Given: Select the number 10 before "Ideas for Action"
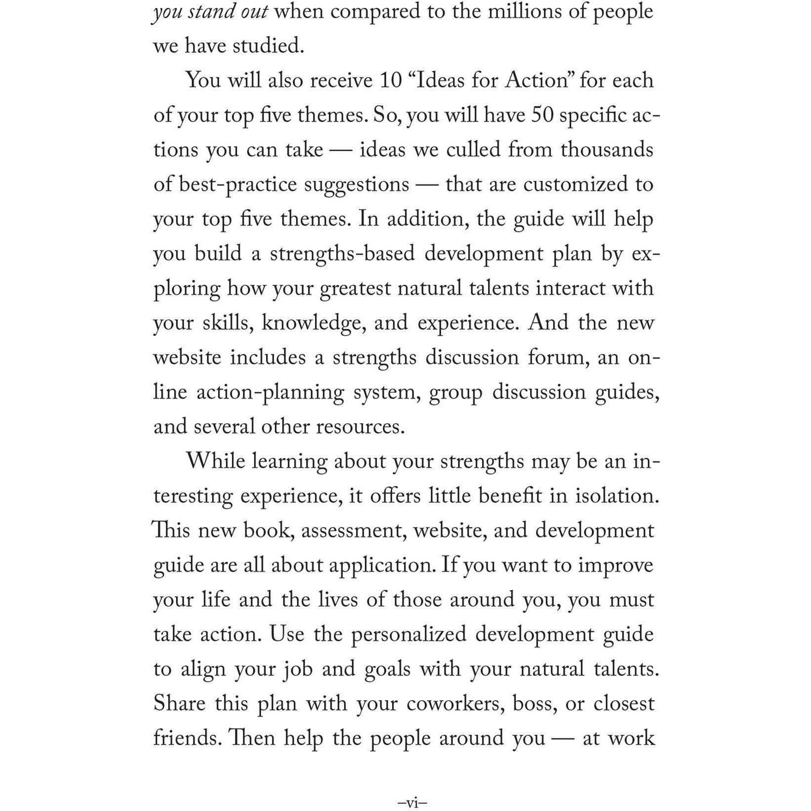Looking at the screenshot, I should pos(391,81).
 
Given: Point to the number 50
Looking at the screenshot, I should pos(542,115).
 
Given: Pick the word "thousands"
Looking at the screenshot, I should pos(607,150).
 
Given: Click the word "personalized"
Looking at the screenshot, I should pos(408,634).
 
